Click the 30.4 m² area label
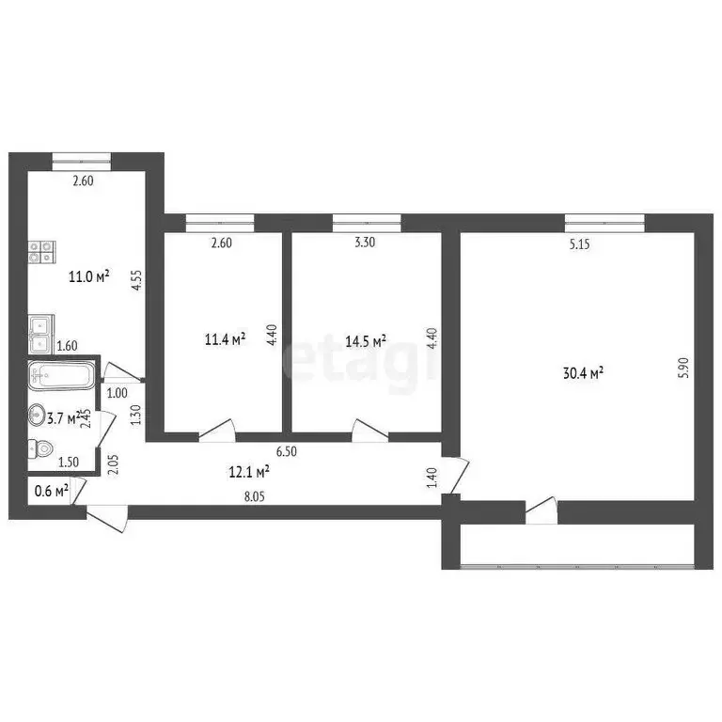coord(583,372)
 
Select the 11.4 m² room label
coord(226,337)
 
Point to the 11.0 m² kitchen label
coord(88,276)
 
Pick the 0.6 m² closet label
coord(50,490)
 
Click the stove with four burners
coord(41,250)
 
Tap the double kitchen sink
coord(41,327)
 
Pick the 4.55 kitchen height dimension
coord(136,282)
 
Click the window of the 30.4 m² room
coord(604,222)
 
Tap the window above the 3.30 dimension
coord(367,222)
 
